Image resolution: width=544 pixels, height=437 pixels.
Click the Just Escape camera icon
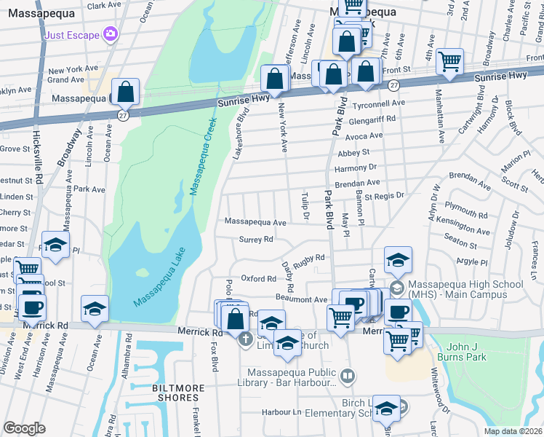(x=110, y=34)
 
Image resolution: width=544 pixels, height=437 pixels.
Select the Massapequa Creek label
(x=203, y=156)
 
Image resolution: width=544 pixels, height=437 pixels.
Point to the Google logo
(x=24, y=428)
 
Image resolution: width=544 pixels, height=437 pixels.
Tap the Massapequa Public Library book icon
(x=348, y=377)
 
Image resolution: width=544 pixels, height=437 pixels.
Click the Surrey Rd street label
(x=257, y=239)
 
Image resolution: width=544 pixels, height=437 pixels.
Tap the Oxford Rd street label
(x=259, y=278)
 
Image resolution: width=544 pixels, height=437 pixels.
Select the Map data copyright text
(x=513, y=431)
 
